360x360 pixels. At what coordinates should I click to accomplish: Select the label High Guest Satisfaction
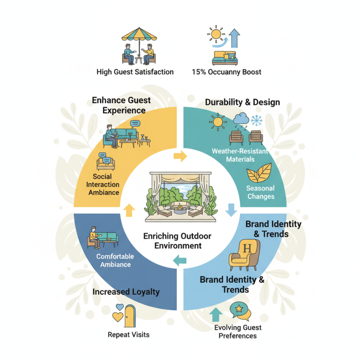point(135,72)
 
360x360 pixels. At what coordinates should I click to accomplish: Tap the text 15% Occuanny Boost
point(226,72)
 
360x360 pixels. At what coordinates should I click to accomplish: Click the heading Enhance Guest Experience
point(121,104)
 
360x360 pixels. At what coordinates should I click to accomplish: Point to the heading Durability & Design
point(243,102)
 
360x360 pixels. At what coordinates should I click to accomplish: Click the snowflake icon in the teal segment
point(257,120)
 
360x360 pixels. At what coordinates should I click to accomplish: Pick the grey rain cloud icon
point(241,119)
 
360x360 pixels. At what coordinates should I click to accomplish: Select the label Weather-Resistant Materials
point(240,155)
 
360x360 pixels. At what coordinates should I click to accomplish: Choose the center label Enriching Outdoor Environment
point(177,241)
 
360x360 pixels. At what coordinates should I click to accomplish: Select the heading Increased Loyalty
point(126,292)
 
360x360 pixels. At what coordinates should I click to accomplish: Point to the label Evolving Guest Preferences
point(238,332)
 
